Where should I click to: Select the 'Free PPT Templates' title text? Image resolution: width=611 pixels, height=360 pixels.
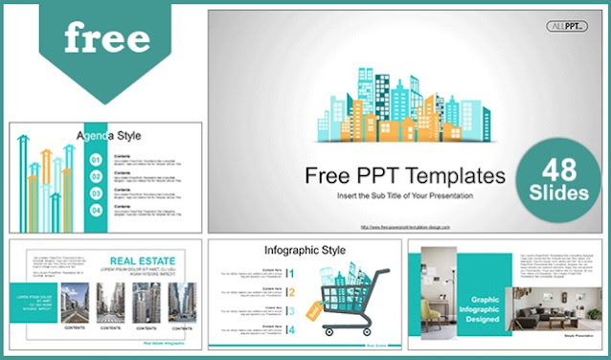[x=404, y=176]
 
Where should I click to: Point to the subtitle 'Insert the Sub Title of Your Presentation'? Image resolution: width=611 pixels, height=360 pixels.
[x=404, y=196]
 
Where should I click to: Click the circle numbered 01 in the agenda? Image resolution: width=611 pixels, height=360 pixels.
[x=97, y=159]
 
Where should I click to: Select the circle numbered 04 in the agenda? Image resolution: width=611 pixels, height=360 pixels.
[x=97, y=208]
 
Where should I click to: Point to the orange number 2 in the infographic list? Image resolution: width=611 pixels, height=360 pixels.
[x=290, y=292]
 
